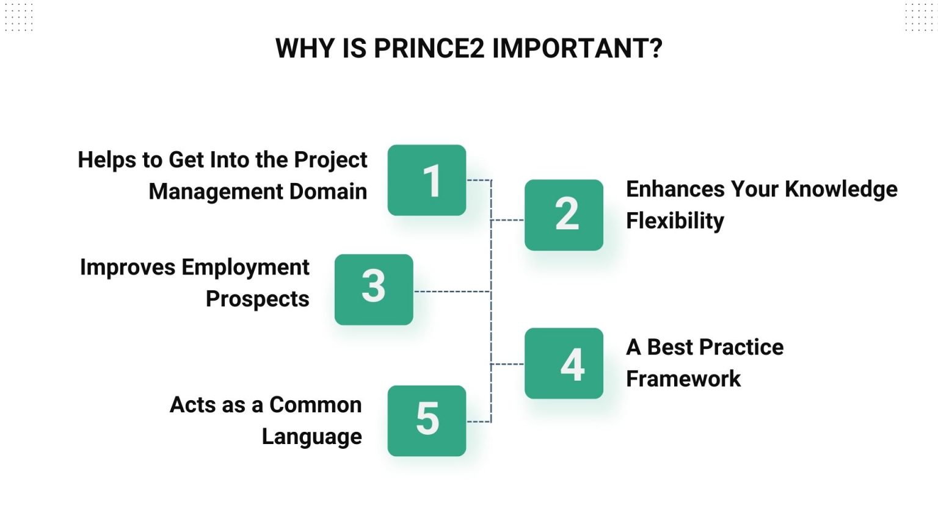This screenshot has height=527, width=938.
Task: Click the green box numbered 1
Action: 427,180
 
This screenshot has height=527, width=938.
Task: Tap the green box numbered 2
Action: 564,215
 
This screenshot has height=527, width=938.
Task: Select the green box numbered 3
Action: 374,289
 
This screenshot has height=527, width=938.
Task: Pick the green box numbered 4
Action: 564,364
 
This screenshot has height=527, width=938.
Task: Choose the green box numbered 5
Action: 427,420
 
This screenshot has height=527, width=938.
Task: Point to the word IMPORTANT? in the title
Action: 577,49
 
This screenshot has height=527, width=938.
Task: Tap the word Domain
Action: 328,192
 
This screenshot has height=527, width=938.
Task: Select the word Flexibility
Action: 675,221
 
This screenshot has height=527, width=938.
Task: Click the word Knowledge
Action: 841,189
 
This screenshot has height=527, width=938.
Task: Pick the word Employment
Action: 245,267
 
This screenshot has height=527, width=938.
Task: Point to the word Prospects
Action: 257,299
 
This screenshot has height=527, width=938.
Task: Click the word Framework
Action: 683,379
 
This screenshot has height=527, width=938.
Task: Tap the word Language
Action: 311,437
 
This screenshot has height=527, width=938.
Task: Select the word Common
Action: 315,405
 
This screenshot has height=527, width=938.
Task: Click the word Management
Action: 216,192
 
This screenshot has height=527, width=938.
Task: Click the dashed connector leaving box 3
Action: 452,292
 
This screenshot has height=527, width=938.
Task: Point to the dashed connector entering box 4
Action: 507,364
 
